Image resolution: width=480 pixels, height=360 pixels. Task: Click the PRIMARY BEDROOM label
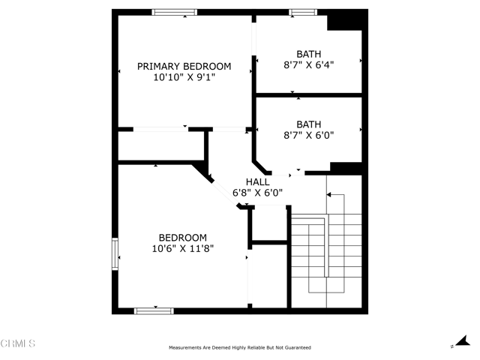184,66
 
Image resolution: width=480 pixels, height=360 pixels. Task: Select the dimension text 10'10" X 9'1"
184,76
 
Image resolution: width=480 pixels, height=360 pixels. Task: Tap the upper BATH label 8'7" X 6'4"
308,59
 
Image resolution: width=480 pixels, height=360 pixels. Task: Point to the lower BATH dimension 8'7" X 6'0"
308,135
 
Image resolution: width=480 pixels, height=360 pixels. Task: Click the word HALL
258,181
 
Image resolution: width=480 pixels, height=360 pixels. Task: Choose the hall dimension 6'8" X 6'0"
258,192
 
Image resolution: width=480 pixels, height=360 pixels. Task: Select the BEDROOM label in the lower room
183,238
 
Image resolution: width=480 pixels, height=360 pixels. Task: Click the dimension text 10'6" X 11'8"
183,248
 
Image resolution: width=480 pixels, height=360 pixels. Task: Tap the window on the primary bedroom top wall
175,12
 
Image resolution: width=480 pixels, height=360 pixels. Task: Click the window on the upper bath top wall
303,12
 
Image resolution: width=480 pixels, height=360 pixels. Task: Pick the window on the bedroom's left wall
115,253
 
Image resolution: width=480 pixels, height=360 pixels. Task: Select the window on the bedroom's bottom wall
154,310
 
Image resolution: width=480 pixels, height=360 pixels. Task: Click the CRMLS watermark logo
18,343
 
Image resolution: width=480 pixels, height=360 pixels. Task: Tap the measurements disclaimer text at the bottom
239,348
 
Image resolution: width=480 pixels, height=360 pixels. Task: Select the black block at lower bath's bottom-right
346,168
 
